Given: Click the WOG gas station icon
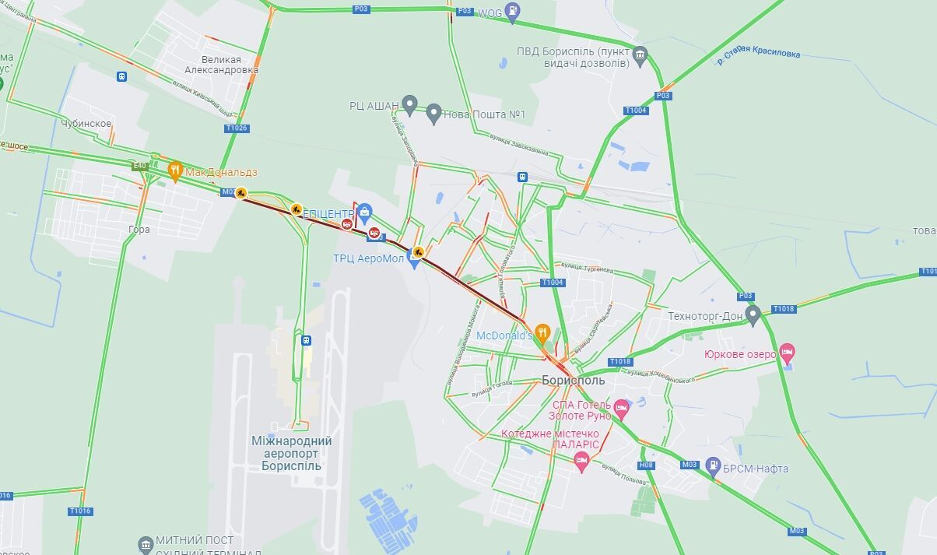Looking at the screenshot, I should [512, 11].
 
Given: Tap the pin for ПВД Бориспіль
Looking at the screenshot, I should [640, 54].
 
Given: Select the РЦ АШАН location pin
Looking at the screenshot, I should [410, 105].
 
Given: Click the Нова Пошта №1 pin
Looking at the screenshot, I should [434, 114].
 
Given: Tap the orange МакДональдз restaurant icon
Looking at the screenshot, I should [175, 170].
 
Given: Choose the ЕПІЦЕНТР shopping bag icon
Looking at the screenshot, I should [364, 211].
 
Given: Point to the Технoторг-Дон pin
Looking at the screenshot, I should [753, 314].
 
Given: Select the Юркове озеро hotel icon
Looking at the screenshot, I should [788, 353].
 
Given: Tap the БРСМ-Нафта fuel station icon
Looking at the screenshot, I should [713, 465].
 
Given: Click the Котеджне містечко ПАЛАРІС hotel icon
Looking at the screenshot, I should [581, 461].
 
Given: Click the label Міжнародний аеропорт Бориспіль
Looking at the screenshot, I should [292, 453].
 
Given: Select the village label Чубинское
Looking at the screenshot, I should [86, 124].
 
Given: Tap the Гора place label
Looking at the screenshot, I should [139, 230].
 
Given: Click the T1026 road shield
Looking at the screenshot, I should [237, 128].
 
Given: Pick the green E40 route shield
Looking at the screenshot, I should [139, 166].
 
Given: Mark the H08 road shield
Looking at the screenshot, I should [646, 465].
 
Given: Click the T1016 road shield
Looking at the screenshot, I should [79, 511].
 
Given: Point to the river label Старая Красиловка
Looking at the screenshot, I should [758, 54].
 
